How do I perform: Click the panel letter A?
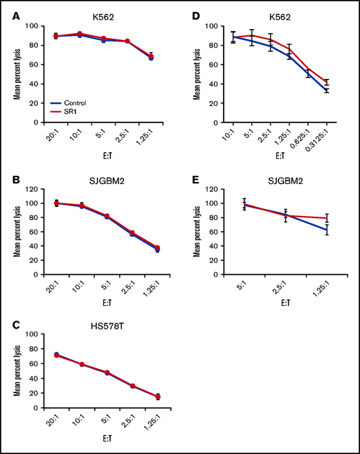coord(15,16)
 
